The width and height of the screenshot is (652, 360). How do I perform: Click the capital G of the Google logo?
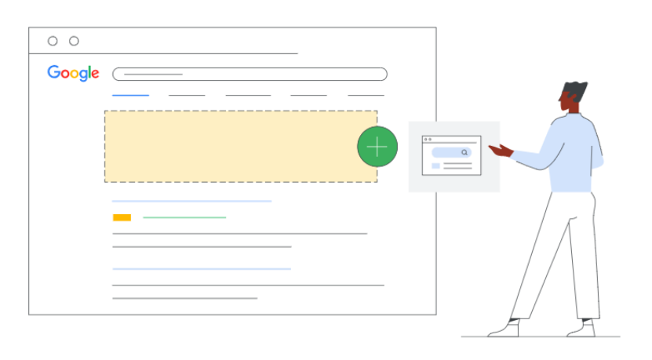[x=53, y=73]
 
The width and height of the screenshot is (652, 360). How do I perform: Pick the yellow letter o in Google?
[x=71, y=74]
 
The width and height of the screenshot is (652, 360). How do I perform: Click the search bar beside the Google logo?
[x=250, y=75]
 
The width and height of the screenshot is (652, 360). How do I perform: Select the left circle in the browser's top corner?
[x=53, y=41]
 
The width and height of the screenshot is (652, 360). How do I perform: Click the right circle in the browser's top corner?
[x=74, y=41]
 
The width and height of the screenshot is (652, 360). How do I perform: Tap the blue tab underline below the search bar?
[x=130, y=95]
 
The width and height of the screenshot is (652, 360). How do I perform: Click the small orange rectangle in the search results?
[x=122, y=217]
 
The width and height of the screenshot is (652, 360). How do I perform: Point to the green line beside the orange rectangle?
[x=184, y=217]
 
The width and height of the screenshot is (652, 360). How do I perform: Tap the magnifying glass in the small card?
[x=464, y=152]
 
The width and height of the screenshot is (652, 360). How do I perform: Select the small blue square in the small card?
[x=435, y=166]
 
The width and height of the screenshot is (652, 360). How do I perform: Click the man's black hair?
[x=577, y=88]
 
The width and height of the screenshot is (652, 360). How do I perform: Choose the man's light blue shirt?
[x=573, y=153]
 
